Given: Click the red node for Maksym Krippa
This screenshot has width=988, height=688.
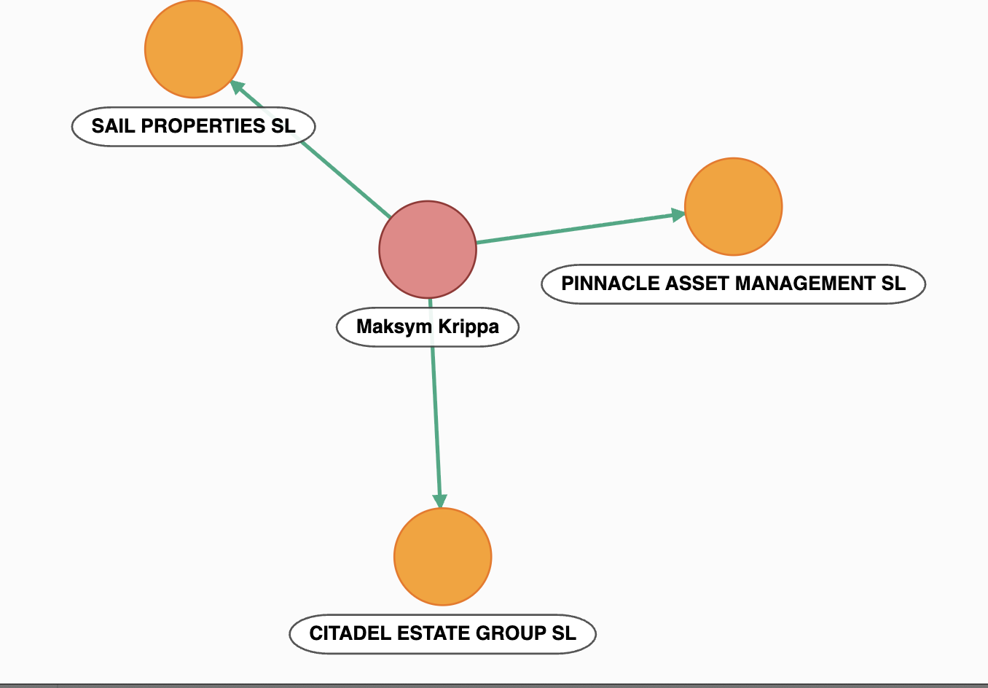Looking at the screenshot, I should (x=428, y=249).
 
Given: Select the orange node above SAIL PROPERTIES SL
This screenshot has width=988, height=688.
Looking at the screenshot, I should (x=193, y=49).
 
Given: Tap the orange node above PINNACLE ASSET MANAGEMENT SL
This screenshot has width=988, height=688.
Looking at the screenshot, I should (x=734, y=206).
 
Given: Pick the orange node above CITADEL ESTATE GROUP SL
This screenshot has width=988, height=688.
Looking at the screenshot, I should (x=443, y=556).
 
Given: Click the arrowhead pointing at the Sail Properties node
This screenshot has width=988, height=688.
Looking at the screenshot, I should (x=237, y=87).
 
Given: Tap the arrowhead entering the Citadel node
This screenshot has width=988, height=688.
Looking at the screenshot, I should (x=439, y=501).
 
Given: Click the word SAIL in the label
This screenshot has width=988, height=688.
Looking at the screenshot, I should (x=114, y=126).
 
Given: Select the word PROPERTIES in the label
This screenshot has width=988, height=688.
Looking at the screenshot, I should (x=203, y=126).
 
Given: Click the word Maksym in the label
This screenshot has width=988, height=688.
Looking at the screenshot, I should (x=394, y=327).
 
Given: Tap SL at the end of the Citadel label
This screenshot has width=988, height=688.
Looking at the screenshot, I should (x=564, y=633).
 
